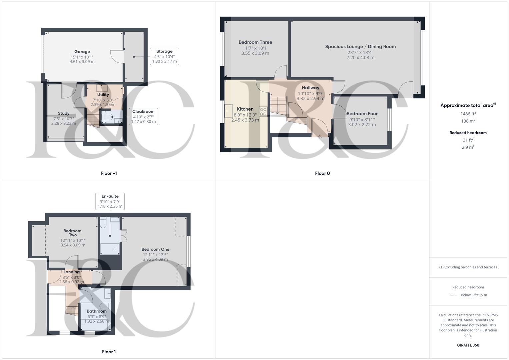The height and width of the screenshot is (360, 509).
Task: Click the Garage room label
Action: [82, 52]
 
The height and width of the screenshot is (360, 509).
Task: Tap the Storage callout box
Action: [164, 56]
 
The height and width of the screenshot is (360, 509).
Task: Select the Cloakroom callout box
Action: [143, 117]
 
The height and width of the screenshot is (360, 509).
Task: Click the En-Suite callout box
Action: [110, 201]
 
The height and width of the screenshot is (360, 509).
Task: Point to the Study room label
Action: [64, 113]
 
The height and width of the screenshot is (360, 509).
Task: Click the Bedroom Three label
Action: [255, 42]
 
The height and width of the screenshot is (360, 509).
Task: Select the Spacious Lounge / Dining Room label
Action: [360, 47]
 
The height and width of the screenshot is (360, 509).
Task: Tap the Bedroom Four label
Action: [362, 114]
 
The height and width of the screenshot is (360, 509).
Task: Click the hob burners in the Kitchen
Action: [263, 111]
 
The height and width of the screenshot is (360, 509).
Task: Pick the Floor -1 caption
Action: [109, 173]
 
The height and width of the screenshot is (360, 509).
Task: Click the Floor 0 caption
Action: [322, 173]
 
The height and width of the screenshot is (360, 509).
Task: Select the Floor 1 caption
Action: [109, 352]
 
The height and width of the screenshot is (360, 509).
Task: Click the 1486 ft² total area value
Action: [468, 114]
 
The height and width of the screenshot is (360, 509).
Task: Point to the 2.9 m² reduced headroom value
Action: [468, 147]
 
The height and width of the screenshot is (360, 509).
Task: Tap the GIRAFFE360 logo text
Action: [468, 345]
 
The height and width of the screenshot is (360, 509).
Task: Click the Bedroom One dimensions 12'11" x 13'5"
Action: [155, 255]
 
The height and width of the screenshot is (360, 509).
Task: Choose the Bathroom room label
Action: [97, 311]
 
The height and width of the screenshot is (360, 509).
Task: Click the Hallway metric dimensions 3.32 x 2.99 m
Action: [310, 99]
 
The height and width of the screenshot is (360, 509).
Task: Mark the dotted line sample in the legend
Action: [454, 295]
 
